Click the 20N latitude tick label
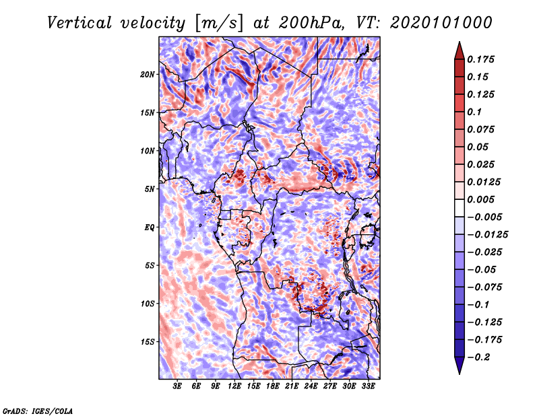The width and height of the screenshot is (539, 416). click(x=148, y=74)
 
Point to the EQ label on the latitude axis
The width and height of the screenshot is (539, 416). click(x=149, y=228)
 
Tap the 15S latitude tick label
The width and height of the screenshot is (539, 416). click(x=148, y=342)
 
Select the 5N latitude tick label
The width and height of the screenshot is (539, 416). click(x=150, y=189)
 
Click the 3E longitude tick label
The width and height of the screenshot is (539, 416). click(x=177, y=386)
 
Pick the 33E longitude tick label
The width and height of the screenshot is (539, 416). click(x=368, y=386)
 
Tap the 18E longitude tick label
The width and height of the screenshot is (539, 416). click(x=273, y=386)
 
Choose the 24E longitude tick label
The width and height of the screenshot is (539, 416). click(x=311, y=386)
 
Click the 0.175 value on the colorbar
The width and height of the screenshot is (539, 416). click(x=480, y=59)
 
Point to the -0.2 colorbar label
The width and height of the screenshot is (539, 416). click(x=478, y=357)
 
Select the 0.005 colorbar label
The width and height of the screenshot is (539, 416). click(x=480, y=199)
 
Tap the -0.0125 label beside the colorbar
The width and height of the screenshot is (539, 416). click(x=487, y=235)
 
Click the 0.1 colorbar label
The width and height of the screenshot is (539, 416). click(x=474, y=112)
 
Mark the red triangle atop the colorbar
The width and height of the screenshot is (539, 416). click(x=459, y=51)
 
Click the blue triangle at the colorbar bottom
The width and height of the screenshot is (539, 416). click(x=459, y=366)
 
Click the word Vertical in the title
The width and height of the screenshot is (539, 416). click(x=80, y=23)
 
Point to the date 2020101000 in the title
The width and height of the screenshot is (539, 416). click(x=441, y=23)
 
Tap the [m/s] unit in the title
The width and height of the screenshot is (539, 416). click(x=219, y=24)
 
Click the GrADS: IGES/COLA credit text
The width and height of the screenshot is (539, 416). click(x=38, y=411)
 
